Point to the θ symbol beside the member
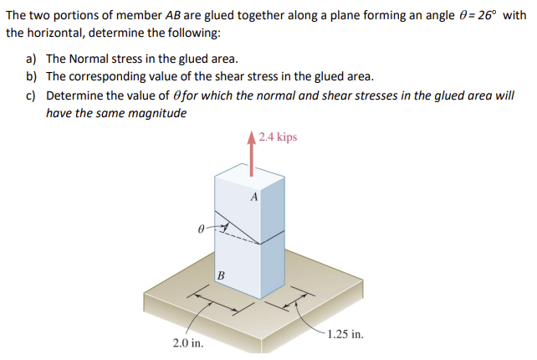(x=199, y=226)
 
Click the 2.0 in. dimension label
(x=186, y=342)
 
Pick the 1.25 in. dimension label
(x=345, y=334)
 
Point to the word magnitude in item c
(x=158, y=113)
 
